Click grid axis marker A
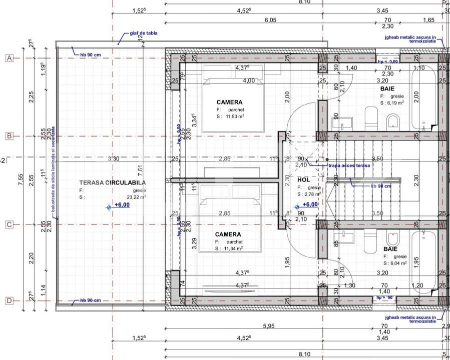pos(9,58)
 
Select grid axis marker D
pos(9,301)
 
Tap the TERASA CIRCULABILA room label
pos(106,183)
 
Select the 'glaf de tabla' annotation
pos(144,33)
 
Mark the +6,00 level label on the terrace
pos(122,205)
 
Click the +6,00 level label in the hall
pos(310,205)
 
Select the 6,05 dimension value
pos(270,20)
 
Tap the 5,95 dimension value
pos(268,325)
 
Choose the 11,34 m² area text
pos(232,248)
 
